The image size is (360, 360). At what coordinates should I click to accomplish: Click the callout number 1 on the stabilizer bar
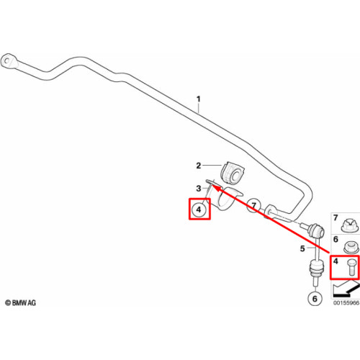(x=199, y=99)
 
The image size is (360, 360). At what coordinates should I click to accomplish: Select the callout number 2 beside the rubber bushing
(x=199, y=166)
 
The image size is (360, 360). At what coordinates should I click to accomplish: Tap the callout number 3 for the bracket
(x=199, y=189)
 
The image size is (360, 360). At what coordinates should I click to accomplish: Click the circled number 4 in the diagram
(x=199, y=210)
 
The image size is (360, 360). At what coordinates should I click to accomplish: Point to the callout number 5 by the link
(x=302, y=248)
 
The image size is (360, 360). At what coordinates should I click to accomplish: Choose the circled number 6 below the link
(x=315, y=299)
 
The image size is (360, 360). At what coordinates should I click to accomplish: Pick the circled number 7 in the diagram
(x=254, y=205)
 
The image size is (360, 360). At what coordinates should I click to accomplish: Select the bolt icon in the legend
(x=351, y=268)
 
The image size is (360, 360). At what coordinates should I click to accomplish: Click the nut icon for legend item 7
(x=350, y=225)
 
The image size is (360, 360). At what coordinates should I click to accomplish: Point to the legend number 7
(x=336, y=218)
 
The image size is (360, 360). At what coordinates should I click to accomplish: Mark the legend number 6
(x=336, y=239)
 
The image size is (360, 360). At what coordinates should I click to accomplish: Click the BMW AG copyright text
(x=21, y=303)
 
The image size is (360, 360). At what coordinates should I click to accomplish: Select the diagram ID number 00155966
(x=346, y=303)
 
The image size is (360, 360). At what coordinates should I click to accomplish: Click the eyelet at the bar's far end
(x=9, y=60)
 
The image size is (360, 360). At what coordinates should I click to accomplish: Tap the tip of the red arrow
(x=212, y=185)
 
